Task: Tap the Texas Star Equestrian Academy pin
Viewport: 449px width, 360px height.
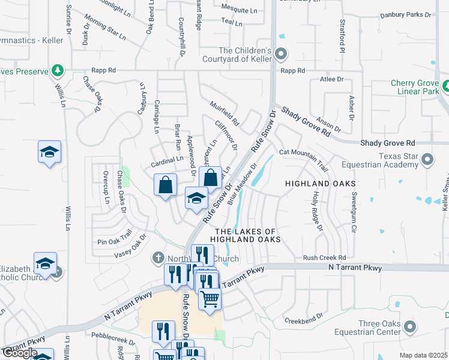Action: click(427, 159)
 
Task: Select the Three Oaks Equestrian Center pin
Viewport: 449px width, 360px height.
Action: click(410, 327)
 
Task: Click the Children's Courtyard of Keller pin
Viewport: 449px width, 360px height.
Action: click(281, 56)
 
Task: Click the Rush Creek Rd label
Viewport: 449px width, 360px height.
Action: click(325, 257)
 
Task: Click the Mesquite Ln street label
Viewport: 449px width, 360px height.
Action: click(238, 8)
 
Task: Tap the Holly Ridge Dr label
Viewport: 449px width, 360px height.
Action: click(318, 211)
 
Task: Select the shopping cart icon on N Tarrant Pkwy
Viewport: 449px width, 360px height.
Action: click(209, 298)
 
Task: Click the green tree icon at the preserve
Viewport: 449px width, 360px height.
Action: click(58, 71)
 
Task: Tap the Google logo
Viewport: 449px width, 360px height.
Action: click(20, 353)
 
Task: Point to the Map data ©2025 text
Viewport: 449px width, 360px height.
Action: click(424, 355)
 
